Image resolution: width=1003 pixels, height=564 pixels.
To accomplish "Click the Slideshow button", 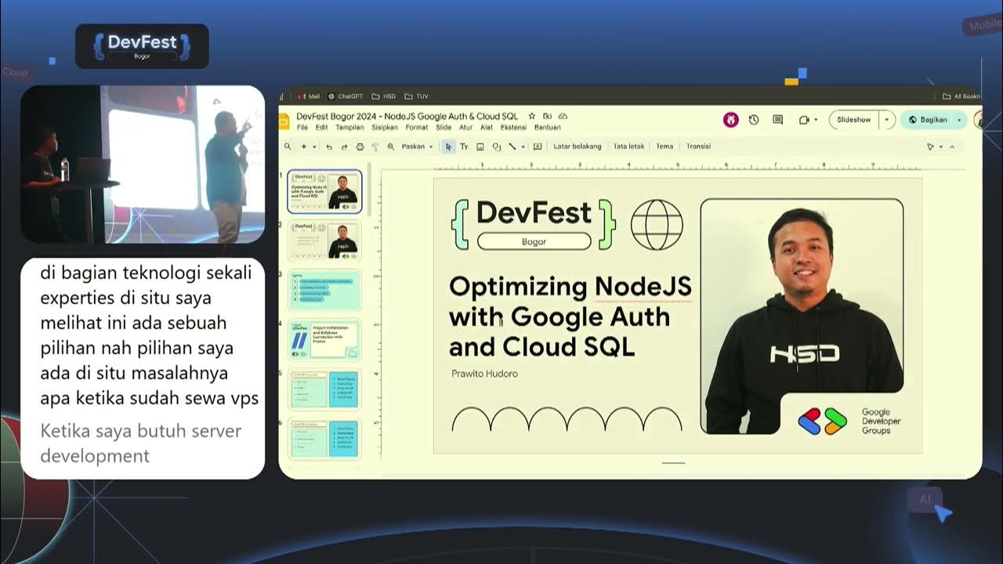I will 853,120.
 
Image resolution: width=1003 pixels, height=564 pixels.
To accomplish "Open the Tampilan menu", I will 349,127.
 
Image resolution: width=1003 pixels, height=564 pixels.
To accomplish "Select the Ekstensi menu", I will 513,127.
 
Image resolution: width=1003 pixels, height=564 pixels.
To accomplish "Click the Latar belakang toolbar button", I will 577,146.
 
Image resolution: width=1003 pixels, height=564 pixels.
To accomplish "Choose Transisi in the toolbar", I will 698,146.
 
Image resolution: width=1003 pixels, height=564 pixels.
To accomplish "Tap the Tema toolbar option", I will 664,146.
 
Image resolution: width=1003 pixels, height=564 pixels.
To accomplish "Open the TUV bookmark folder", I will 417,96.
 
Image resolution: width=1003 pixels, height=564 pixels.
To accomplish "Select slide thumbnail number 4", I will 324,339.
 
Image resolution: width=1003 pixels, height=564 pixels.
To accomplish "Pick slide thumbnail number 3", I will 324,290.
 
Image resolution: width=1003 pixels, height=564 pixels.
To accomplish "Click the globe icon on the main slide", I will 657,225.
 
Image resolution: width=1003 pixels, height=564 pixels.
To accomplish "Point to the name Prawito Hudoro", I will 484,374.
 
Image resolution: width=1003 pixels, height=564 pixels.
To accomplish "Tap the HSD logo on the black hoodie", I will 804,354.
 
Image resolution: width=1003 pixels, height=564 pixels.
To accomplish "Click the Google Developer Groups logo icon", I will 823,421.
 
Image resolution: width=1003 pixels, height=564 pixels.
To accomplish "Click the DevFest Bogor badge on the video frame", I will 142,45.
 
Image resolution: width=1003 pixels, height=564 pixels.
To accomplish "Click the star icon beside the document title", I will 532,116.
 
